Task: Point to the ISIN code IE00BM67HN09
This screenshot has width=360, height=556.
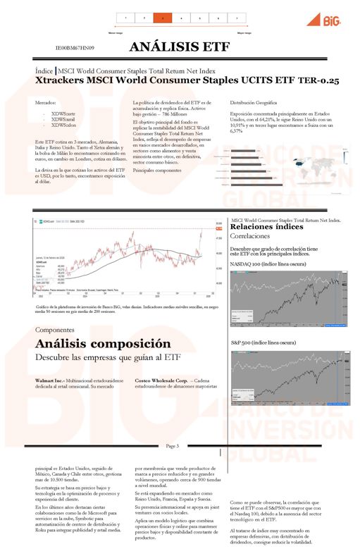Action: coord(75,49)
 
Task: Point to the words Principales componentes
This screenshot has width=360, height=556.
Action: coord(158,171)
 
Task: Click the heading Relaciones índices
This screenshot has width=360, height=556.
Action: coord(267,227)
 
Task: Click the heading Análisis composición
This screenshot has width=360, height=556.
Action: coord(103,343)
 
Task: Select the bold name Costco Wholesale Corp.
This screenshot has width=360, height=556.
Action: coord(161,380)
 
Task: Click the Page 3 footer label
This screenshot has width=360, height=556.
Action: coord(173,445)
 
